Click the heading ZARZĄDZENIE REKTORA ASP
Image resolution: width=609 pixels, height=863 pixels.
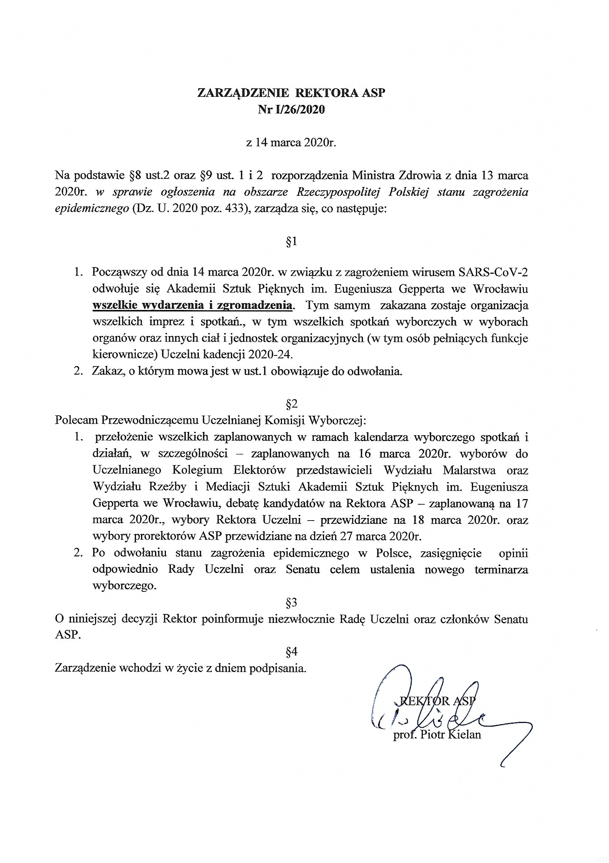pyautogui.click(x=291, y=93)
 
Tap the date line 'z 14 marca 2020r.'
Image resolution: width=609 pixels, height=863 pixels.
pyautogui.click(x=290, y=143)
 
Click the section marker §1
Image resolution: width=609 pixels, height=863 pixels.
pyautogui.click(x=291, y=242)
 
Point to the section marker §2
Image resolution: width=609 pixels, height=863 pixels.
pyautogui.click(x=291, y=404)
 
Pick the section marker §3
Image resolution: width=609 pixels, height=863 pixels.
pyautogui.click(x=291, y=603)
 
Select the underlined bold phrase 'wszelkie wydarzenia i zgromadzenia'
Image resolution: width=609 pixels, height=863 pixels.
pyautogui.click(x=193, y=305)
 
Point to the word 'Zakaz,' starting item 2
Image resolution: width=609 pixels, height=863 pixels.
pyautogui.click(x=107, y=371)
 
